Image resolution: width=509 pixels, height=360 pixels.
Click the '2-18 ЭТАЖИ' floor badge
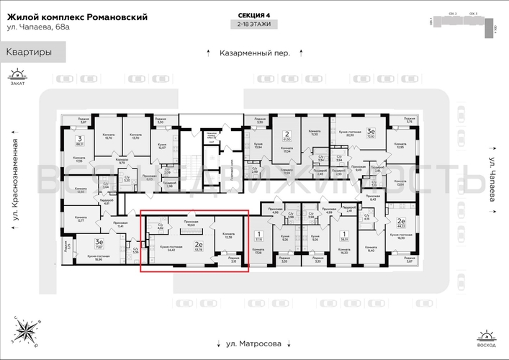(255, 26)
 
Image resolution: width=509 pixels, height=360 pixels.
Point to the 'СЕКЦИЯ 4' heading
(255, 15)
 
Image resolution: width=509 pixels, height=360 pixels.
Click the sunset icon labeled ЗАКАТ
(17, 76)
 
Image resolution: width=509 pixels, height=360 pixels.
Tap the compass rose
(27, 330)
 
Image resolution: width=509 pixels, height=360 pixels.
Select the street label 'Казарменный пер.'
(255, 53)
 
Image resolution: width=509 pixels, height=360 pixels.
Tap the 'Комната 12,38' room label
(228, 236)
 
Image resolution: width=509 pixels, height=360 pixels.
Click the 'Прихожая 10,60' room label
(191, 224)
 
